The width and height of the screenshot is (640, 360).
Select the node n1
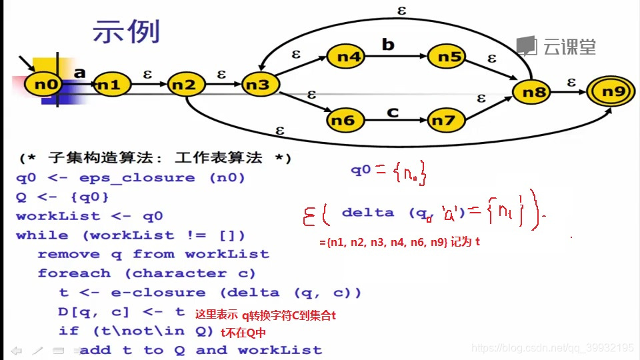pyautogui.click(x=109, y=85)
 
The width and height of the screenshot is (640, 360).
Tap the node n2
pyautogui.click(x=185, y=85)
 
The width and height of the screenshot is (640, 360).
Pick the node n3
pyautogui.click(x=259, y=85)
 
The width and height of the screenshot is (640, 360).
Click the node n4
pyautogui.click(x=348, y=57)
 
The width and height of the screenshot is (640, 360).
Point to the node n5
pyautogui.click(x=449, y=57)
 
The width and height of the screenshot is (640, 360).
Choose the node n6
pyautogui.click(x=343, y=121)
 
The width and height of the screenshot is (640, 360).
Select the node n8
pyautogui.click(x=534, y=92)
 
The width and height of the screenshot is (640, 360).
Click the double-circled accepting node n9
pyautogui.click(x=611, y=92)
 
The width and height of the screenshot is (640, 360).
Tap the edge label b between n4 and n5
pyautogui.click(x=388, y=45)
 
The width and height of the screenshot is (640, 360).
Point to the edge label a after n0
pyautogui.click(x=79, y=73)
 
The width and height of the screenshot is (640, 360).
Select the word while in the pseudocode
pyautogui.click(x=41, y=235)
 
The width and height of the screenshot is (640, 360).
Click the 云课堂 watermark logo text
pyautogui.click(x=568, y=47)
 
